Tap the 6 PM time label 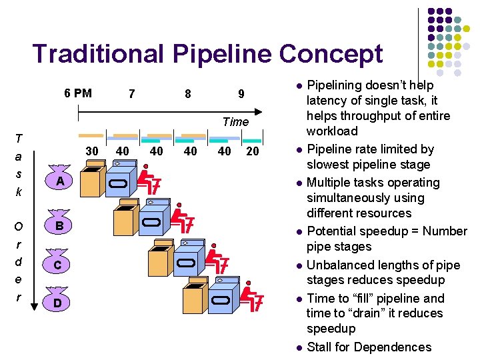(78, 93)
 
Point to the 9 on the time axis (241, 94)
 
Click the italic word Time (235, 121)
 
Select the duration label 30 (92, 151)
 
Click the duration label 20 (253, 151)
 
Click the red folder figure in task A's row (151, 180)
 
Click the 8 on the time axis (187, 94)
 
